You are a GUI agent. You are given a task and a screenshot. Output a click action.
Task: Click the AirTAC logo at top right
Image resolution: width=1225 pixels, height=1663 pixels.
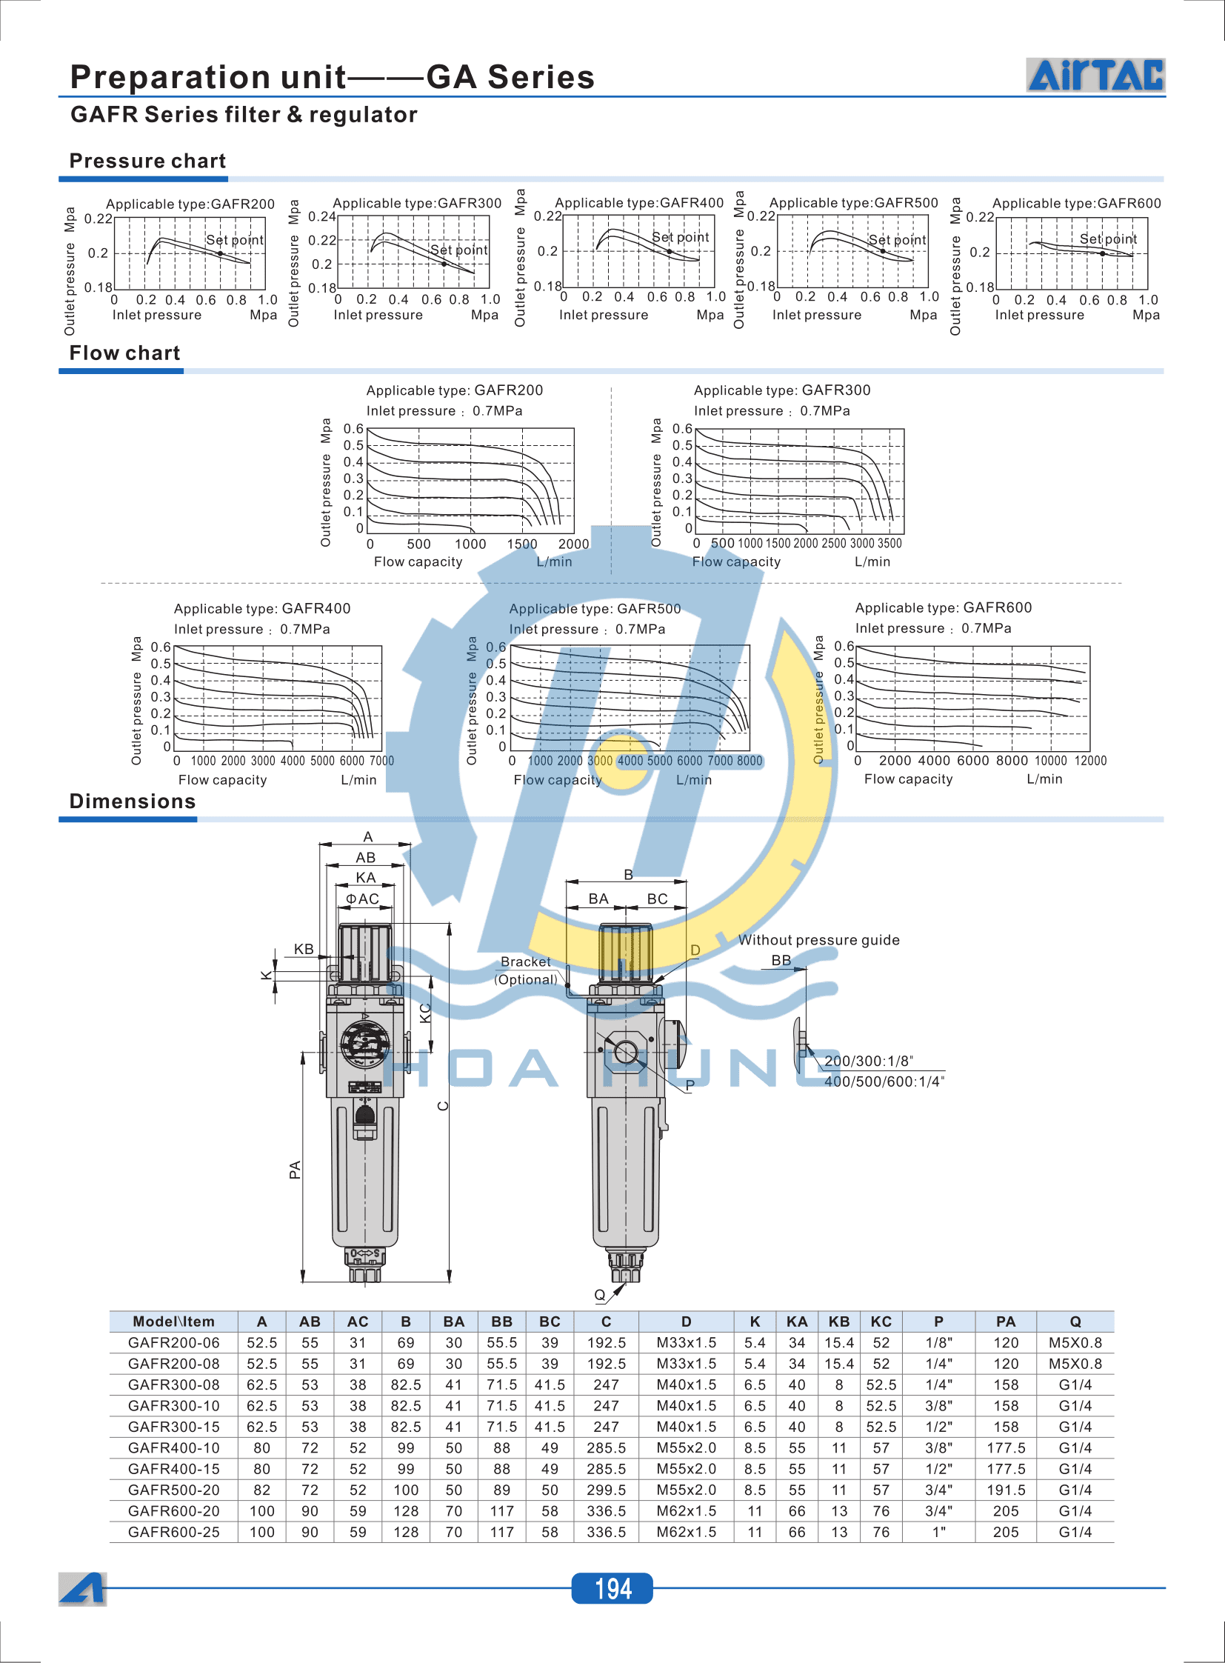click(1095, 75)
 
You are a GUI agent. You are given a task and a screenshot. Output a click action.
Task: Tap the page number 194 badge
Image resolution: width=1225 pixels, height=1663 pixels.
click(612, 1588)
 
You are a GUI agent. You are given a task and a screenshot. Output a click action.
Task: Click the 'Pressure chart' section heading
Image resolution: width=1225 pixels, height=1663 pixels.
click(147, 161)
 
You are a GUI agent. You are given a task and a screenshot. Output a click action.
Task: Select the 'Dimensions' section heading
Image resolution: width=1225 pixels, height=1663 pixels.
click(133, 801)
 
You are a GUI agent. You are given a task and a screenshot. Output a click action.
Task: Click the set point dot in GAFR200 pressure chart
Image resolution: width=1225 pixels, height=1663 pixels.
click(220, 253)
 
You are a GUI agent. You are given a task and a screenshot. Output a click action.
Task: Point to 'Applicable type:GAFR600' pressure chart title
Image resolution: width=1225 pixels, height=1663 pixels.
click(1076, 203)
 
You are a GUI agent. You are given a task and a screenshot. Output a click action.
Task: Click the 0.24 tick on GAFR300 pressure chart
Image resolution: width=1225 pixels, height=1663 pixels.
click(322, 216)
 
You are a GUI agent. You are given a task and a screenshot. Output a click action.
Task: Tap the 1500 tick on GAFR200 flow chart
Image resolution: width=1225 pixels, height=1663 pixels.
click(521, 544)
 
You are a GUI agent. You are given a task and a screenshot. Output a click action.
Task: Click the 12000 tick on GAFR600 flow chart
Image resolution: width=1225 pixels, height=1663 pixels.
click(1090, 761)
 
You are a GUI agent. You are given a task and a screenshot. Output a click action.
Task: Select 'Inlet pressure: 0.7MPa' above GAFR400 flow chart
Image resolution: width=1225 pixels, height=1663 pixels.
click(251, 629)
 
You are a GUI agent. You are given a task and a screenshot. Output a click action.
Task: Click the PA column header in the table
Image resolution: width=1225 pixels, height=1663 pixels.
click(1006, 1322)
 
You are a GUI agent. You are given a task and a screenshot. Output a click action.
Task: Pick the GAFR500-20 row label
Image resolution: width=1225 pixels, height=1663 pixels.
click(173, 1490)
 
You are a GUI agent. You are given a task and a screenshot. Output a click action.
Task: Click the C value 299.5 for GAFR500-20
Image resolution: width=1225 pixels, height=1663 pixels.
click(606, 1490)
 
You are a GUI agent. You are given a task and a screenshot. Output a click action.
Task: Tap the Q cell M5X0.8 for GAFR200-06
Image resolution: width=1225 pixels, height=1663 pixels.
click(1075, 1342)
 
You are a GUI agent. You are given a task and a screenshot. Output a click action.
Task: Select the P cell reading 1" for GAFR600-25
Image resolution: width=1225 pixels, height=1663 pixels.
click(938, 1532)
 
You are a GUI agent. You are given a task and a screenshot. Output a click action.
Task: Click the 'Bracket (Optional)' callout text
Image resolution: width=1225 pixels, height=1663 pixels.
click(526, 970)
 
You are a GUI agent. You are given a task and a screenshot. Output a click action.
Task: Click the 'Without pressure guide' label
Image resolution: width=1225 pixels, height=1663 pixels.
click(818, 940)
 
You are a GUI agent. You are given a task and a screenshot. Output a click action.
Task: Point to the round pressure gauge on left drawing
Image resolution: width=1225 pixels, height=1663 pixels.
click(364, 1044)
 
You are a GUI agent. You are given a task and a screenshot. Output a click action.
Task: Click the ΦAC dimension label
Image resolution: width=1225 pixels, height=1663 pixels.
click(363, 899)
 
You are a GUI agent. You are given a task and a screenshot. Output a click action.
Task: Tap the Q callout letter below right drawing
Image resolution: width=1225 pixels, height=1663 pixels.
click(600, 1294)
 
